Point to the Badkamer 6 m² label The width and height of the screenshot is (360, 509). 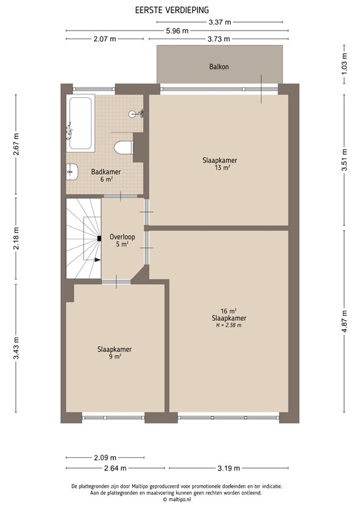pos(101,175)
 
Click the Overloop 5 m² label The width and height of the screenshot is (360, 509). pos(122,239)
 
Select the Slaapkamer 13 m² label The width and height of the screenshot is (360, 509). pos(220,164)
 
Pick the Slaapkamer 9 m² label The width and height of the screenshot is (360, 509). pos(114,353)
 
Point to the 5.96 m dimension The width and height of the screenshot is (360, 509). pos(177,31)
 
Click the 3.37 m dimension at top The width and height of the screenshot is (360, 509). pos(219,22)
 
